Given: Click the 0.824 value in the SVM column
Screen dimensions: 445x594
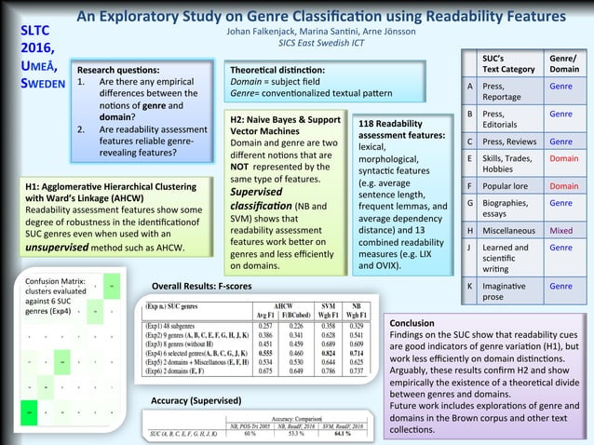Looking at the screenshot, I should point(327,355).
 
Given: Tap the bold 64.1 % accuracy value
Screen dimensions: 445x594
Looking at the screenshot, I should point(348,433).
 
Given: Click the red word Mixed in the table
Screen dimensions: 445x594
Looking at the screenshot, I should point(561,229).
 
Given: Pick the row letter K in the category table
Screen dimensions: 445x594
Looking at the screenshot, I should point(471,287).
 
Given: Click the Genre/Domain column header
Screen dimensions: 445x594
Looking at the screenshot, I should point(563,63).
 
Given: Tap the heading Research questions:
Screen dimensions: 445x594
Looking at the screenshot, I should point(117,70).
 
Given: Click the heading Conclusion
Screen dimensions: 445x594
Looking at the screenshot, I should point(412,323).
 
